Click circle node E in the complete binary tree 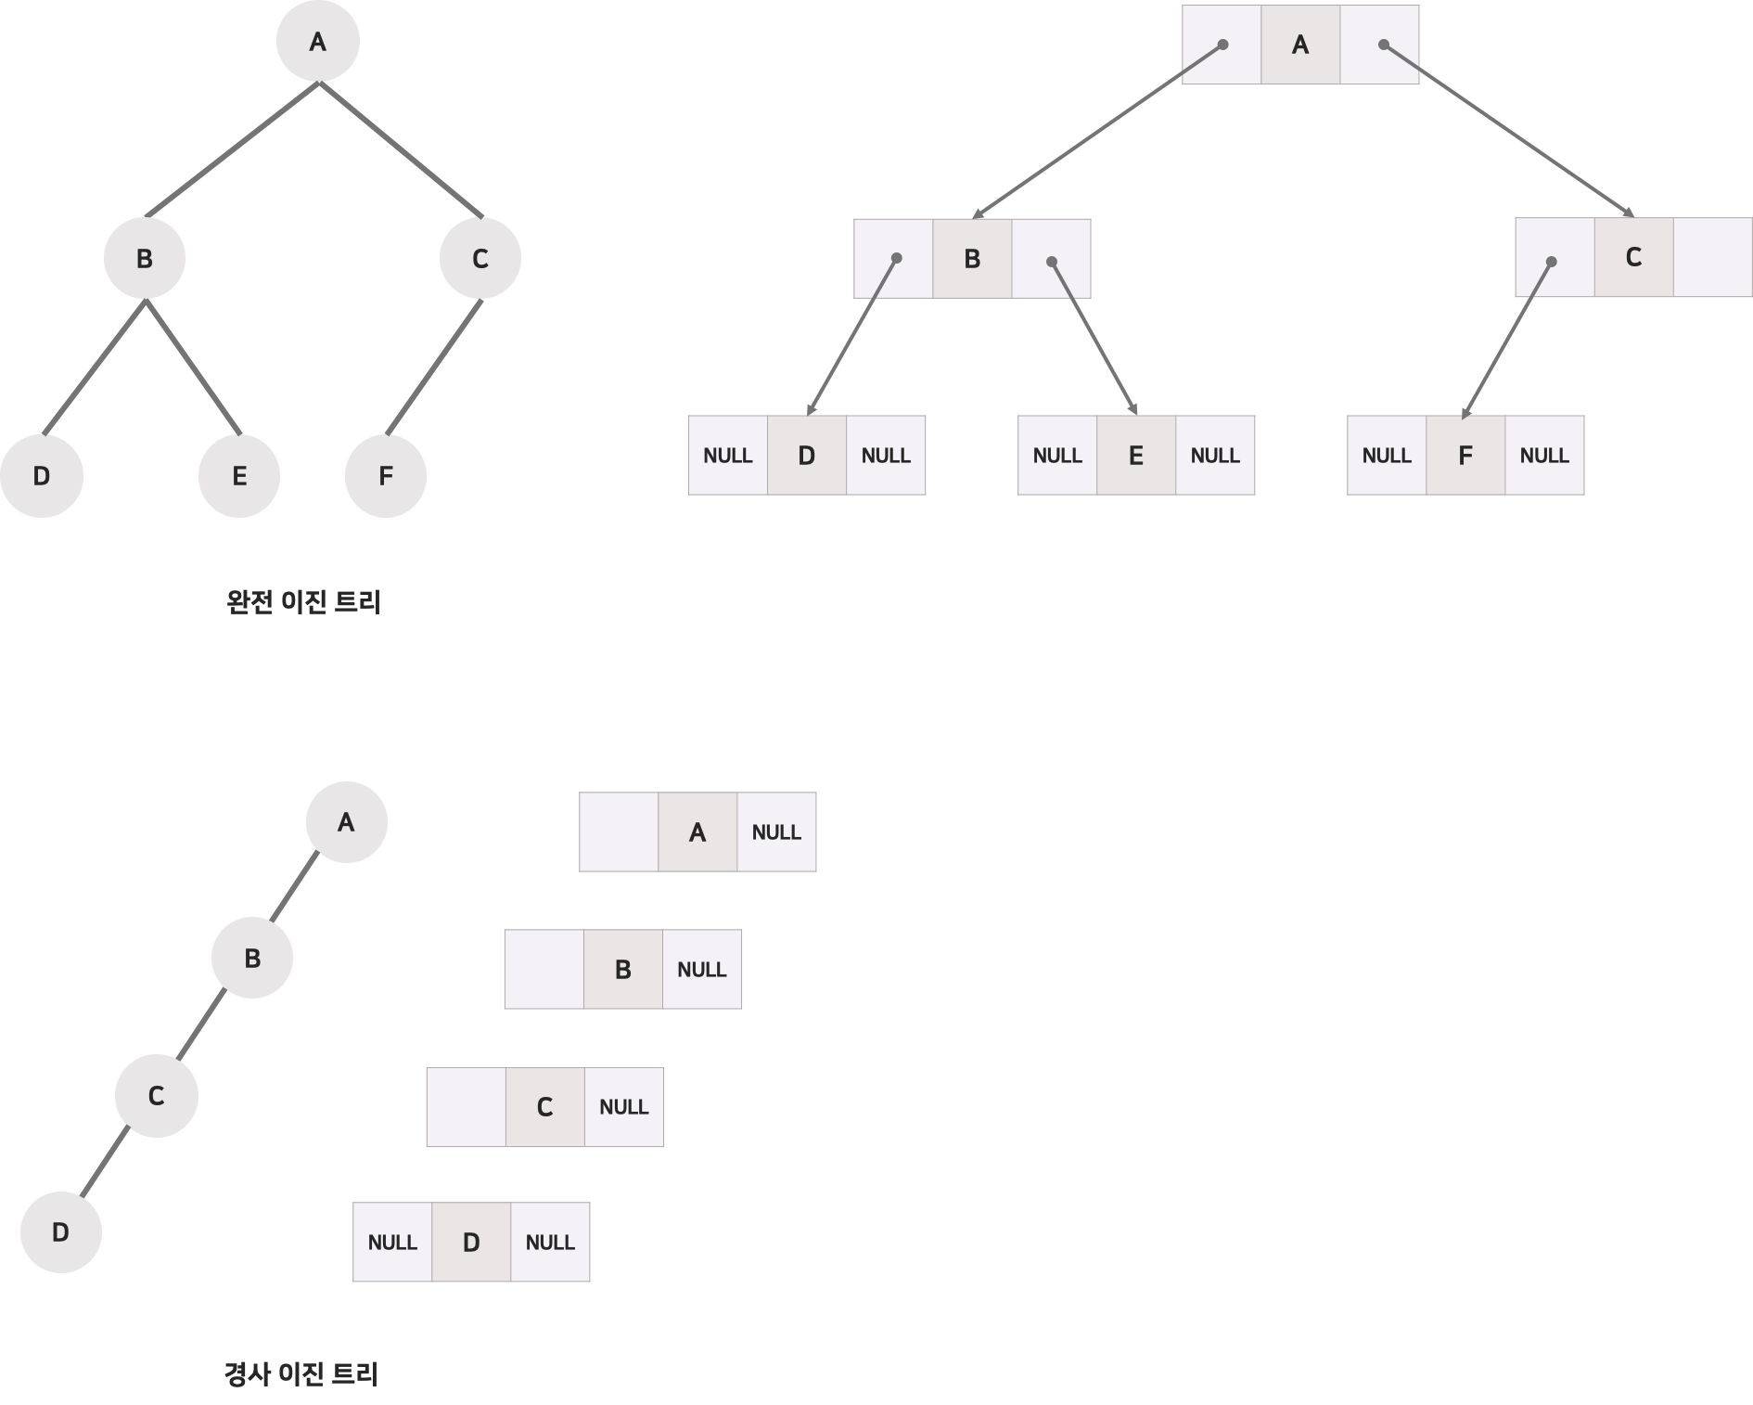[239, 475]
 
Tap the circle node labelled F [386, 475]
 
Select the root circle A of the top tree [318, 42]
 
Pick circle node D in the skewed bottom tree [60, 1231]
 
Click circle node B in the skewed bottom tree [252, 958]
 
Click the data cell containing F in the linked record [1465, 456]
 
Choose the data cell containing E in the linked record [1136, 456]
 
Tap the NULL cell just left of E [1057, 456]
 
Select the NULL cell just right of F [1544, 456]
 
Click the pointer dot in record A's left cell [1223, 45]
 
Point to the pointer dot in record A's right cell [1383, 45]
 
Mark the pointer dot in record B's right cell [1052, 262]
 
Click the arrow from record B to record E [1094, 338]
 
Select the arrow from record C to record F [1507, 340]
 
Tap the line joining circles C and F [434, 367]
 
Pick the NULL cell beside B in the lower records [702, 970]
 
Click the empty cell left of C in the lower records [466, 1107]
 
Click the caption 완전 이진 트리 [303, 602]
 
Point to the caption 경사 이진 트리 [301, 1374]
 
